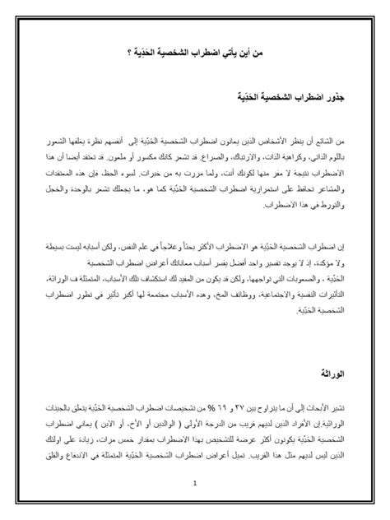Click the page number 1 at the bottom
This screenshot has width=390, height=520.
tap(195, 484)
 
